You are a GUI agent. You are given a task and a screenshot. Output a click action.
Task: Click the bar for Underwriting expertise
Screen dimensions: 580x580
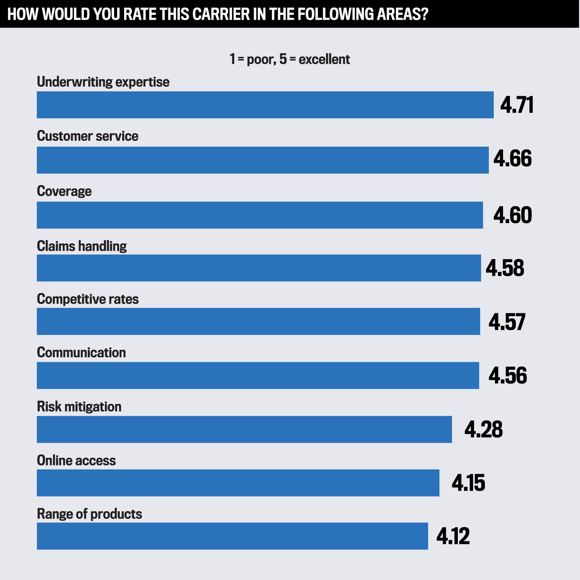pyautogui.click(x=265, y=105)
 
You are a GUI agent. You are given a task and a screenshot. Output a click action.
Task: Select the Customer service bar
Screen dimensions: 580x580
pyautogui.click(x=263, y=160)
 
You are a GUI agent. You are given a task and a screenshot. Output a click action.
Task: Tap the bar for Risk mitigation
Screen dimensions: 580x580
pyautogui.click(x=244, y=429)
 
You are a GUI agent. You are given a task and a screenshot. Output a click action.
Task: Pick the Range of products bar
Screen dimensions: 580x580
pyautogui.click(x=232, y=536)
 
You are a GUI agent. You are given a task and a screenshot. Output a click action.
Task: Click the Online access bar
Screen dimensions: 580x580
pyautogui.click(x=238, y=483)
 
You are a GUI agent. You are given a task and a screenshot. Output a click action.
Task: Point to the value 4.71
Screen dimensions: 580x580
pyautogui.click(x=517, y=105)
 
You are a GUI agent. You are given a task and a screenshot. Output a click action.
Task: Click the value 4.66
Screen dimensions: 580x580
pyautogui.click(x=512, y=159)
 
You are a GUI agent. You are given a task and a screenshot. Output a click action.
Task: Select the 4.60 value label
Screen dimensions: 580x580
pyautogui.click(x=512, y=215)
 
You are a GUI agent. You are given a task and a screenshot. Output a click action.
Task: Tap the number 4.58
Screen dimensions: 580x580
pyautogui.click(x=505, y=268)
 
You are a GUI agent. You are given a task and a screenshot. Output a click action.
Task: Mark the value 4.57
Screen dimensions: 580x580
pyautogui.click(x=507, y=322)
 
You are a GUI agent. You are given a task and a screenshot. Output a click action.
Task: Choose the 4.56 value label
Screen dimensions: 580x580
pyautogui.click(x=507, y=375)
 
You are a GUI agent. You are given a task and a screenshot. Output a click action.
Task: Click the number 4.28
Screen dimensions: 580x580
pyautogui.click(x=483, y=429)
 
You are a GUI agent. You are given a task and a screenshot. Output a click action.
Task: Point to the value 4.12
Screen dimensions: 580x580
pyautogui.click(x=453, y=536)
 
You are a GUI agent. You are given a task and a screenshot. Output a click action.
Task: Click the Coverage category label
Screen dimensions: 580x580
pyautogui.click(x=64, y=191)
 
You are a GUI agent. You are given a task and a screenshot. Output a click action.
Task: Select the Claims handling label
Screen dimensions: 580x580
pyautogui.click(x=82, y=246)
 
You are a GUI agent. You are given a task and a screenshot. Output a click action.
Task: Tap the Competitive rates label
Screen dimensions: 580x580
pyautogui.click(x=88, y=299)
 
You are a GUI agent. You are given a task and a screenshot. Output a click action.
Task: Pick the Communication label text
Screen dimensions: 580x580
pyautogui.click(x=81, y=353)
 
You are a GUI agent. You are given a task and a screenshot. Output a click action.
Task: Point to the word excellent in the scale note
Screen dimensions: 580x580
pyautogui.click(x=324, y=60)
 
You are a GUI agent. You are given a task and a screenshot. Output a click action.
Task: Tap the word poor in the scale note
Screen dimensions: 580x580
pyautogui.click(x=261, y=60)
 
